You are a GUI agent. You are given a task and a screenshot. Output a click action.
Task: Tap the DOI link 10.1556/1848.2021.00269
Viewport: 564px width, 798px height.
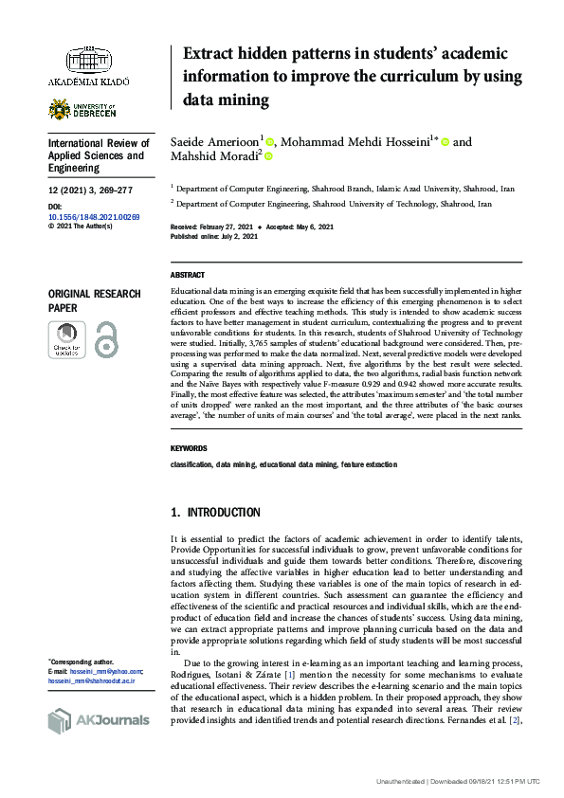[x=93, y=217]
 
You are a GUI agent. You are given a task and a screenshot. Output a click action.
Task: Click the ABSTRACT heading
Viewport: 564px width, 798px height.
[x=187, y=274]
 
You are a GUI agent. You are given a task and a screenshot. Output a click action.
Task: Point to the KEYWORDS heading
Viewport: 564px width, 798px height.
[x=189, y=448]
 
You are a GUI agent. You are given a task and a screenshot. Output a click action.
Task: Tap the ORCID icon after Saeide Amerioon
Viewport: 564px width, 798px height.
[x=270, y=142]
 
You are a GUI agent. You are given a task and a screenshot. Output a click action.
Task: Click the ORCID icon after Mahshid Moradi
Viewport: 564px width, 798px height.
[x=268, y=157]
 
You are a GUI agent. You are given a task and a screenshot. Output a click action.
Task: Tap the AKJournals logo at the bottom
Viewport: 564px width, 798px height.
[x=99, y=720]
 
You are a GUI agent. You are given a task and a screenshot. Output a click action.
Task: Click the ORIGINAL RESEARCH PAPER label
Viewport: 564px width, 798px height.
[x=95, y=301]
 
